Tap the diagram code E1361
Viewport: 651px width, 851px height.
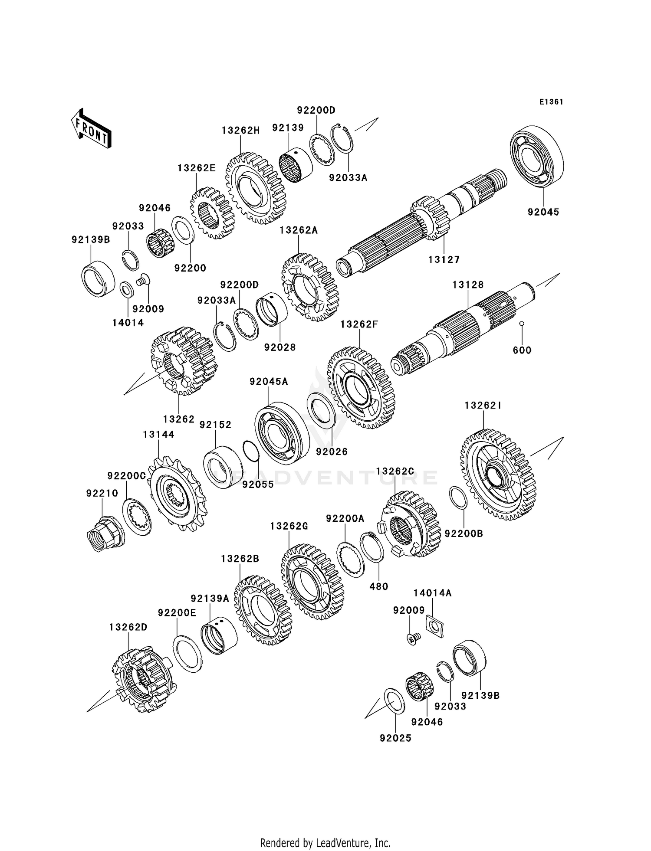click(x=551, y=102)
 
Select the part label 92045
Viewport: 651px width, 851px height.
click(x=543, y=212)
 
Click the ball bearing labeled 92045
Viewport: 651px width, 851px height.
click(x=537, y=157)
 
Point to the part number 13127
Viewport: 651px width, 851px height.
click(x=444, y=259)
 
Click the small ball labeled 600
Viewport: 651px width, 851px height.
click(x=522, y=324)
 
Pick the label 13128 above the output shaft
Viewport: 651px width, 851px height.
click(x=468, y=285)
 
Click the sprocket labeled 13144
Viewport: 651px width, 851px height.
click(x=178, y=495)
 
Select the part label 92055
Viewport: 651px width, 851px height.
click(x=258, y=484)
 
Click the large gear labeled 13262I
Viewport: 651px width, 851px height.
click(x=498, y=475)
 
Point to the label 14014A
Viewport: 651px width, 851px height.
click(x=432, y=593)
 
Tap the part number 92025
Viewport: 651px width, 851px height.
click(x=395, y=738)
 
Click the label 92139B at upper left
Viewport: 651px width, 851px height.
click(x=91, y=239)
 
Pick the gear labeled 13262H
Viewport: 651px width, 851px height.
click(x=255, y=188)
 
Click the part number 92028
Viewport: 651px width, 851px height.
click(x=280, y=347)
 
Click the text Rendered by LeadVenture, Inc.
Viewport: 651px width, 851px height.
click(x=325, y=843)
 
